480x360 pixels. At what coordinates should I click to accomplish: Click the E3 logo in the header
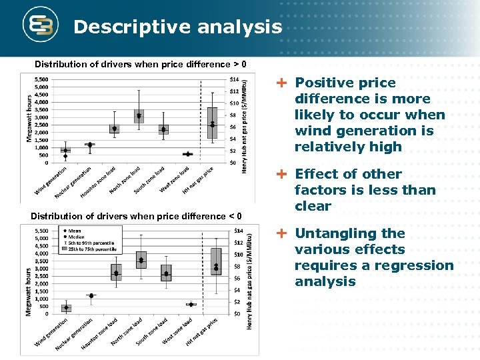(x=40, y=26)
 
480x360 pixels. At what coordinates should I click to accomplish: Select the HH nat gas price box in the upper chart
(x=212, y=123)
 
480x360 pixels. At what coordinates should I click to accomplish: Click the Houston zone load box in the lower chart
(x=116, y=272)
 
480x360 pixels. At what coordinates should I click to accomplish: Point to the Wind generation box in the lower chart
(x=66, y=308)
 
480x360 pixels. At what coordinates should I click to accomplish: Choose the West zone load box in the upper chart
(x=188, y=154)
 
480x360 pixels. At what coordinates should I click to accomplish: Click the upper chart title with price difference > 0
(x=141, y=64)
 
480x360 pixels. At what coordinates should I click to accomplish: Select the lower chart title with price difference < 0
(x=136, y=216)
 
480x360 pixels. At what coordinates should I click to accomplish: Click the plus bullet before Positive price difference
(x=283, y=83)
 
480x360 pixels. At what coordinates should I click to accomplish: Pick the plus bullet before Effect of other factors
(x=283, y=175)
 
